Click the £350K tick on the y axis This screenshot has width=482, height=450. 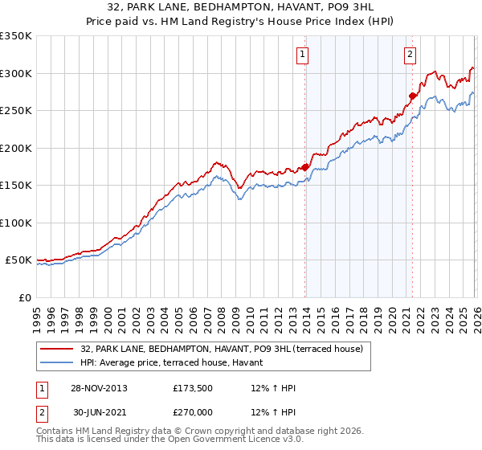[16, 36]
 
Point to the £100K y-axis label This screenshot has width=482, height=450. [16, 223]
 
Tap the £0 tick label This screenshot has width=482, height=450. [24, 297]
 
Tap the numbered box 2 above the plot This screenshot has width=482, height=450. [410, 55]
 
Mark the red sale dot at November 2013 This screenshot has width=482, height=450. [305, 167]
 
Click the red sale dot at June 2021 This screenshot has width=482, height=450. [412, 96]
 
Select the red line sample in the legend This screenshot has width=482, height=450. [57, 349]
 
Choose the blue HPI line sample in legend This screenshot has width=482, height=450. [57, 362]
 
